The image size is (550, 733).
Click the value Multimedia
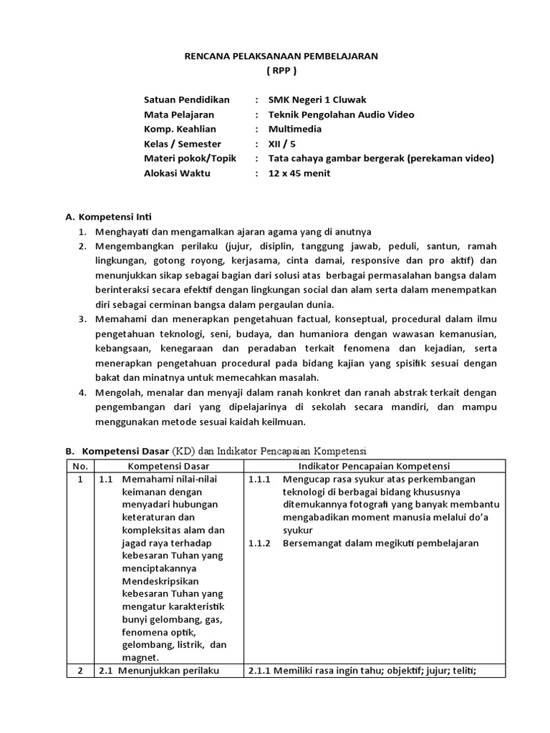click(295, 130)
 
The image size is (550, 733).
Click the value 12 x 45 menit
click(299, 174)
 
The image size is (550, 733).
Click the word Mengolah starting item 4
click(116, 392)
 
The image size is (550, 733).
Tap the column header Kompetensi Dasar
click(168, 466)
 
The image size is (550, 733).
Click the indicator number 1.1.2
click(259, 543)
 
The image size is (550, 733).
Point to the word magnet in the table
click(140, 658)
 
